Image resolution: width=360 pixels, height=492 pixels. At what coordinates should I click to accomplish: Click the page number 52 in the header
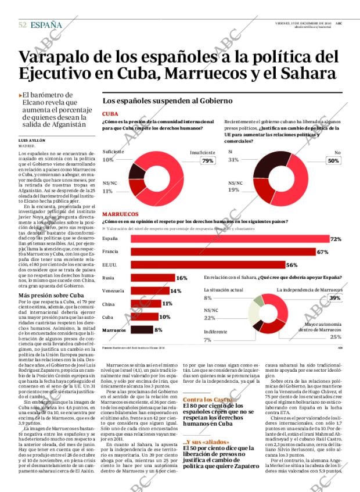(23, 25)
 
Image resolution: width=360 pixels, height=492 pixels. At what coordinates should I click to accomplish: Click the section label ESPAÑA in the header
(46, 25)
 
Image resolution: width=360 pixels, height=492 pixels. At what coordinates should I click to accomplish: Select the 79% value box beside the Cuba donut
(207, 161)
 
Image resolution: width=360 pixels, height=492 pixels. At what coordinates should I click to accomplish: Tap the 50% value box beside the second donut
(333, 161)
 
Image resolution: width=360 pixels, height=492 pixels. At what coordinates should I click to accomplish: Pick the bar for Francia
(215, 252)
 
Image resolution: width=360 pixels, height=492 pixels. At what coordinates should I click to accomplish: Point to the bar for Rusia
(152, 278)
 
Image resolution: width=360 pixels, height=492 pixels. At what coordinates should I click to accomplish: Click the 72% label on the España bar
(336, 239)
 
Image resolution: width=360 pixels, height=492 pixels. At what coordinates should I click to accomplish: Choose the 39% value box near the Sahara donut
(335, 298)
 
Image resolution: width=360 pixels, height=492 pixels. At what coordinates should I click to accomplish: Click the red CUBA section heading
(110, 114)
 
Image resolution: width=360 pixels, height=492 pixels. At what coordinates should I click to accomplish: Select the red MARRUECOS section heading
(120, 214)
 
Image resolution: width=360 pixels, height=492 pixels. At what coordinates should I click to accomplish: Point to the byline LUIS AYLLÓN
(33, 141)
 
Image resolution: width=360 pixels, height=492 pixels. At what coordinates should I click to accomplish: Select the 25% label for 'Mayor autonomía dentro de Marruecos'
(336, 337)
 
